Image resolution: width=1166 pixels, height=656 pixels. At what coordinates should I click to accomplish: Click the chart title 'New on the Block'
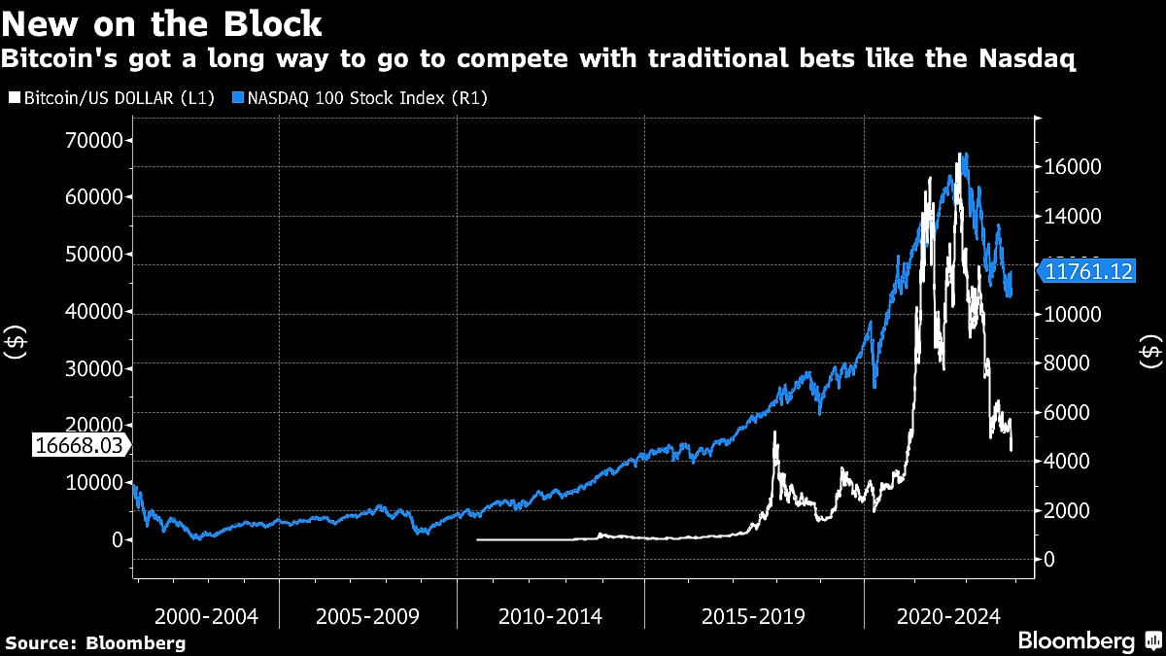point(162,22)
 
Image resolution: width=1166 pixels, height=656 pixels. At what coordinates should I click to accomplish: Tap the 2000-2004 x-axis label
point(206,616)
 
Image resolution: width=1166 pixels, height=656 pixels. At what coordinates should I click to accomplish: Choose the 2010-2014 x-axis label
point(550,616)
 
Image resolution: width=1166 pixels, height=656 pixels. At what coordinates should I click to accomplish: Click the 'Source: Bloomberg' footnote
point(95,642)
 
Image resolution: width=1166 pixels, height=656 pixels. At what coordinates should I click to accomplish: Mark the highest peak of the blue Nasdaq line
point(963,154)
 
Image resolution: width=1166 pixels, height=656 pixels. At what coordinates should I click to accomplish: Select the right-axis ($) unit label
point(1150,352)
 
